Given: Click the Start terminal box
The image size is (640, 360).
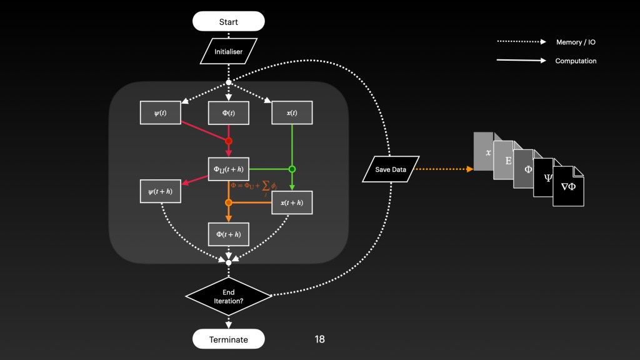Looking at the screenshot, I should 228,22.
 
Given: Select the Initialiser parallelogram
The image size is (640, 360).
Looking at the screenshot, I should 228,52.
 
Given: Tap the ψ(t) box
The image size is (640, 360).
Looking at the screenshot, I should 161,112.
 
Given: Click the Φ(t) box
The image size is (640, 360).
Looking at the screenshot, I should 229,112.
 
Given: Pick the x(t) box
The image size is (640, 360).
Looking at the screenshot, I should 292,112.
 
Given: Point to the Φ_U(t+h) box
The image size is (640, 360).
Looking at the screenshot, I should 229,169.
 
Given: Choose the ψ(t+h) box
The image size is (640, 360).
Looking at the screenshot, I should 161,191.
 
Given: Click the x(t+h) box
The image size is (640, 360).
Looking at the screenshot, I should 292,202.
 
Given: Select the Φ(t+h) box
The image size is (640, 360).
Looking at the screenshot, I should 229,234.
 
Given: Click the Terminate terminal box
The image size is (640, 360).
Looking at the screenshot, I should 228,339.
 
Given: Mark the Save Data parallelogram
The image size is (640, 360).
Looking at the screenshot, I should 391,169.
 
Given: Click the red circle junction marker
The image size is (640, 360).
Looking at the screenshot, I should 229,141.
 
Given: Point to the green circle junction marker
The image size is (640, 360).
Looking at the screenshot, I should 292,169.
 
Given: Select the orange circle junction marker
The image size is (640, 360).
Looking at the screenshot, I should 229,202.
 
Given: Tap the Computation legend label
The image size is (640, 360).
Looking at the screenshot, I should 576,61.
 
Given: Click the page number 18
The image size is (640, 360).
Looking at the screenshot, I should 319,339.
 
